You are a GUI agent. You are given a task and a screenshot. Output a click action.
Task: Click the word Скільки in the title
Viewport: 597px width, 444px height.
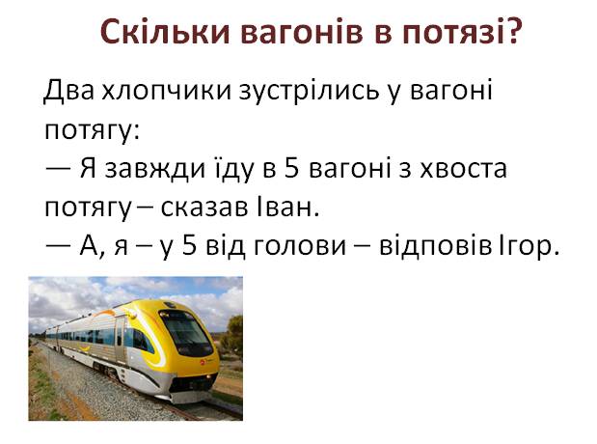coord(166,31)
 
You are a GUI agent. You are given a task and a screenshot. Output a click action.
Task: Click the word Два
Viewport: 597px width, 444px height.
coord(68,91)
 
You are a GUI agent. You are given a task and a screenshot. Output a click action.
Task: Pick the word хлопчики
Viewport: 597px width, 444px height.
coord(167,93)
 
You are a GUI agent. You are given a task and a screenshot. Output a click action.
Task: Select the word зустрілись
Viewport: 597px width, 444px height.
coord(309,92)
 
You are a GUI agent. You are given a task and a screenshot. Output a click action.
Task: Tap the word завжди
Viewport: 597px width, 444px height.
coord(155,169)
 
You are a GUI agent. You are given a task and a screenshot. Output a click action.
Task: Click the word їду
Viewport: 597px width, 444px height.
coord(232,169)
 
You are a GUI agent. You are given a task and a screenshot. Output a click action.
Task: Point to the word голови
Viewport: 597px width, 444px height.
coord(300,248)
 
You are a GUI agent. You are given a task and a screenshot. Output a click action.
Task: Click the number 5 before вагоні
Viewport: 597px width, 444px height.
coord(292,169)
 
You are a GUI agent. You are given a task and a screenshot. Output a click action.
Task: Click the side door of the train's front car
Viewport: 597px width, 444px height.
coord(120,339)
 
